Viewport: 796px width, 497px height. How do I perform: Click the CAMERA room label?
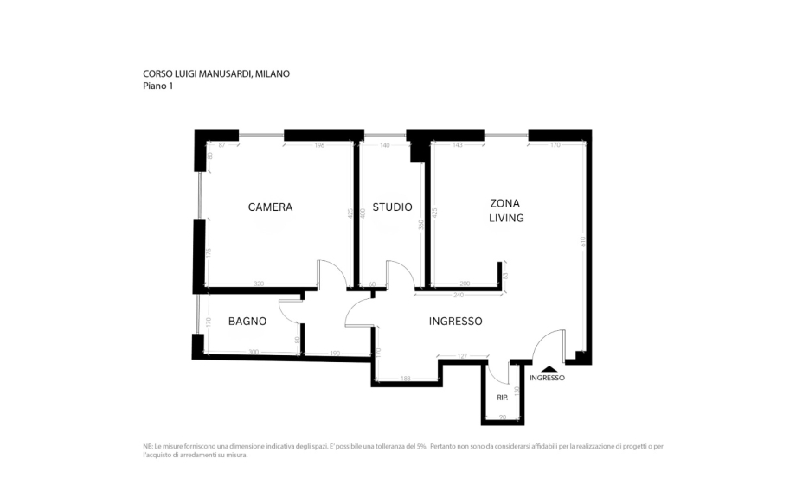[270, 207]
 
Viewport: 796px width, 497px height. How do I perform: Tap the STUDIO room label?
[392, 207]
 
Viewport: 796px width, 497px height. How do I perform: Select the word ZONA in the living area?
[506, 202]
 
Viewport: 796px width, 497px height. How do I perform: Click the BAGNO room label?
[247, 322]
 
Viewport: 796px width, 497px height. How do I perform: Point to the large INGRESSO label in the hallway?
[455, 322]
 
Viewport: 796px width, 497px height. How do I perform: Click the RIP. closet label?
[503, 398]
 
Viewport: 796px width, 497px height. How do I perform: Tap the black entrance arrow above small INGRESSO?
[547, 369]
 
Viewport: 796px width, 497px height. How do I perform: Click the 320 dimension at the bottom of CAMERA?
[259, 284]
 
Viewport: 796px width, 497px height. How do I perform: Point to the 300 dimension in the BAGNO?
[254, 352]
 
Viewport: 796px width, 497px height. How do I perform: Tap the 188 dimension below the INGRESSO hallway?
[406, 379]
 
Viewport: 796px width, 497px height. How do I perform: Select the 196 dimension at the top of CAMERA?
[320, 145]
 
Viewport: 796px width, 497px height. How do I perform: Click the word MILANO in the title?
[273, 74]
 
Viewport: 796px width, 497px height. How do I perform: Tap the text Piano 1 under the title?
[157, 86]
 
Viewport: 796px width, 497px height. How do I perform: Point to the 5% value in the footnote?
[421, 446]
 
